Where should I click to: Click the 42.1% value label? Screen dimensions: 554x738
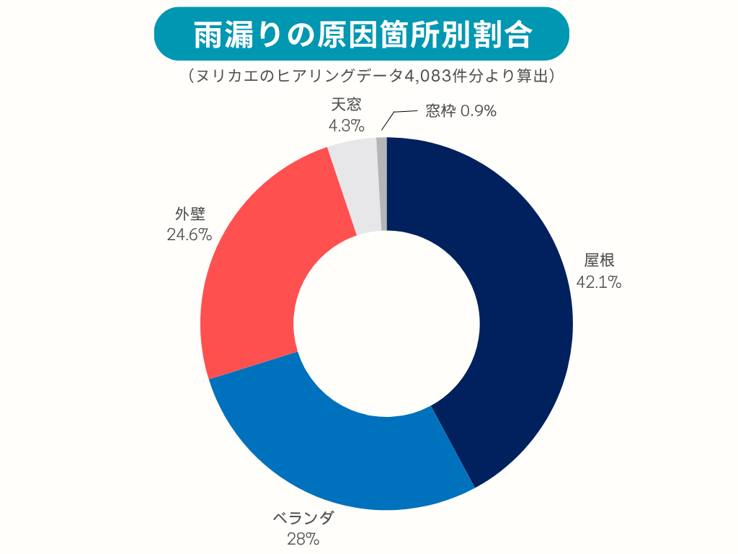[599, 282]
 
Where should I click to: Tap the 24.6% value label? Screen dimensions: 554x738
[189, 234]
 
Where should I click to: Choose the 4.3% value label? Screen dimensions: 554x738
[346, 125]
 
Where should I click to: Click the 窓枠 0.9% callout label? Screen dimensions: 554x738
[461, 111]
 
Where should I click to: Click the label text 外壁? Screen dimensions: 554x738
[190, 214]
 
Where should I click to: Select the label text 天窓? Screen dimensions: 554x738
[347, 105]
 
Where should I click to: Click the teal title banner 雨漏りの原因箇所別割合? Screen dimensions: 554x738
[363, 35]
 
